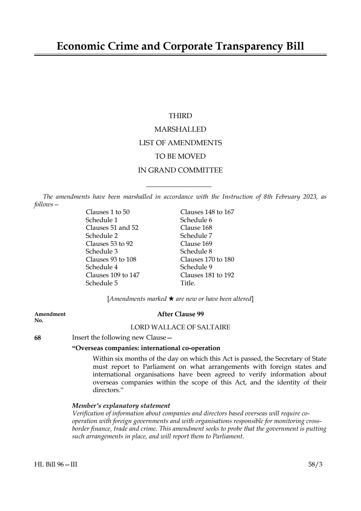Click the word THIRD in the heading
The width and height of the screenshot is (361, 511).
180,116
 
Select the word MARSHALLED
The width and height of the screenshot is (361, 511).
180,129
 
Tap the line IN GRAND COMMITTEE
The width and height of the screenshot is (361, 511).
180,170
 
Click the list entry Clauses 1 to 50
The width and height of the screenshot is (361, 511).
107,212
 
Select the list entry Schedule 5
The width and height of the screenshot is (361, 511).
102,283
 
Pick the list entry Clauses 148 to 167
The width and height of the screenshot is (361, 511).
207,212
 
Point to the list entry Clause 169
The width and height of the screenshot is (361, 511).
196,244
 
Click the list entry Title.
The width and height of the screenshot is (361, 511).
188,283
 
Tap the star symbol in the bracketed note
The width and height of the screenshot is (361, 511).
171,299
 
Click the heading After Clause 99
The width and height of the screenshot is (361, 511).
180,314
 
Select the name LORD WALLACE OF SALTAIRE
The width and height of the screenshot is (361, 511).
180,327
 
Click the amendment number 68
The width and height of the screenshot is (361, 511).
38,338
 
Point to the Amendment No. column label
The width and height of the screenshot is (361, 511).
50,317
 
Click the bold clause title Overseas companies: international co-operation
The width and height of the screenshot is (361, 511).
146,348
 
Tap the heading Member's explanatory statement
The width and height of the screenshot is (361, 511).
121,406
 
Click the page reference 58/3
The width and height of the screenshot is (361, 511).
315,464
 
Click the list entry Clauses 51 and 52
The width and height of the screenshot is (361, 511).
112,228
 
